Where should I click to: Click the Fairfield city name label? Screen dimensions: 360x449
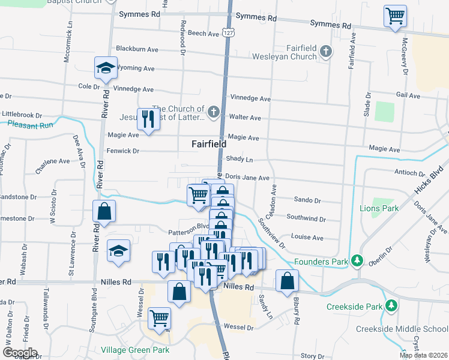tap(209, 144)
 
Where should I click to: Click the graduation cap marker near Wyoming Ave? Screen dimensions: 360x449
tap(106, 68)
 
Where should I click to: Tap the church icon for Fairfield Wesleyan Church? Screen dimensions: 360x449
tap(326, 51)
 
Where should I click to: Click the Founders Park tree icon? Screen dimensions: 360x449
tap(358, 261)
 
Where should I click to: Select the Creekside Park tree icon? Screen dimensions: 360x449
tap(392, 306)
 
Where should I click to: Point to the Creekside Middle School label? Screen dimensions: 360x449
tap(402, 329)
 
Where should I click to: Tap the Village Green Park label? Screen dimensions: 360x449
tap(135, 350)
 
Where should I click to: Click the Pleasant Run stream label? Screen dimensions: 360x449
tap(30, 125)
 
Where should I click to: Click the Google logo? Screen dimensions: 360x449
tap(20, 352)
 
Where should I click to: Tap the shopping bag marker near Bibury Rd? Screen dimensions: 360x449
tap(288, 281)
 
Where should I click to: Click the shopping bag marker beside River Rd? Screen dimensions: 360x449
tap(104, 211)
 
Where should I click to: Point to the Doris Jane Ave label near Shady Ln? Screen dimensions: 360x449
tap(247, 178)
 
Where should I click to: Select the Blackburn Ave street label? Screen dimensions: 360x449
tap(137, 49)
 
